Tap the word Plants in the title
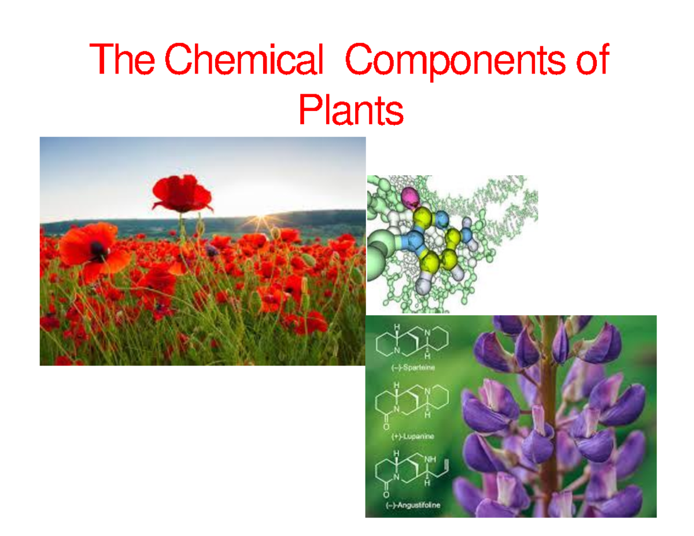350,111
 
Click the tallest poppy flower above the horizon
182,194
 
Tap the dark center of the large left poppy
99,250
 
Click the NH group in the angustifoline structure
430,460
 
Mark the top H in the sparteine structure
397,327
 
